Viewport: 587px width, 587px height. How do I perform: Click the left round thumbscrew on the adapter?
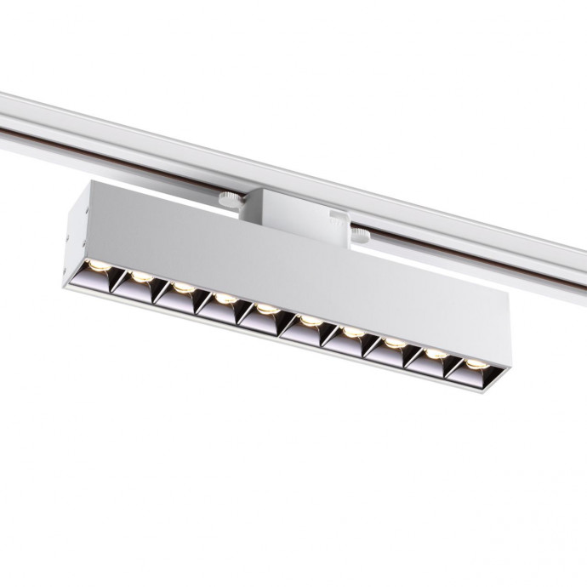(228, 201)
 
